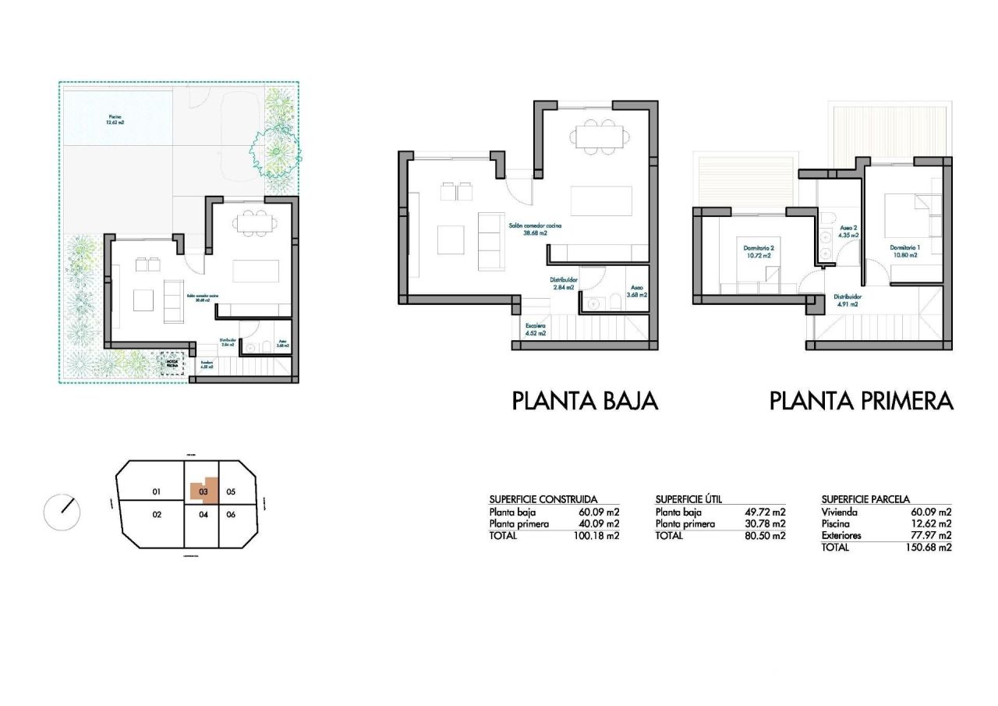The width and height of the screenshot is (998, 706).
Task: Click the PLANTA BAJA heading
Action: tap(585, 401)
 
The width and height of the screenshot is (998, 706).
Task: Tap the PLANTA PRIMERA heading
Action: tap(862, 401)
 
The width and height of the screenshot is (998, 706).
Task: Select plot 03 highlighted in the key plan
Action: tap(203, 491)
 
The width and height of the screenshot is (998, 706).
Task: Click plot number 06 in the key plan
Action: tap(231, 515)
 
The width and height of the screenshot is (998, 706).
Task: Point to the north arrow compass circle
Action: tap(62, 512)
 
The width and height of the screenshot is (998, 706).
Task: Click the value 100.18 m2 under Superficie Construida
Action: tap(599, 537)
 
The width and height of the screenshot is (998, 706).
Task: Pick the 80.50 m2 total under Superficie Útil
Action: tap(765, 537)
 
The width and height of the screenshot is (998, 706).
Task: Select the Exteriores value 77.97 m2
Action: tap(931, 536)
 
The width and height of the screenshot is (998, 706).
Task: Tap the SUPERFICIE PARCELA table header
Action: tap(865, 499)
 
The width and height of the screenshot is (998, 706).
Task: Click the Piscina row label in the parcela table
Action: tap(836, 524)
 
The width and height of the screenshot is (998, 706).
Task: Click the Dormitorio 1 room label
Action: tap(905, 252)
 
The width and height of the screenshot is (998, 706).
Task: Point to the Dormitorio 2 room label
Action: tap(756, 252)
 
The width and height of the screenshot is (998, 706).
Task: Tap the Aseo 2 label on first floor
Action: tap(848, 231)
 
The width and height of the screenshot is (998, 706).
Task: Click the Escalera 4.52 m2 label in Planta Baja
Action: tap(535, 329)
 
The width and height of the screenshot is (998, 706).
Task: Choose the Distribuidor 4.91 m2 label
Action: tap(847, 300)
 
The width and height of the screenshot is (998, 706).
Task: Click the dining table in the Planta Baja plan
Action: tap(600, 137)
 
